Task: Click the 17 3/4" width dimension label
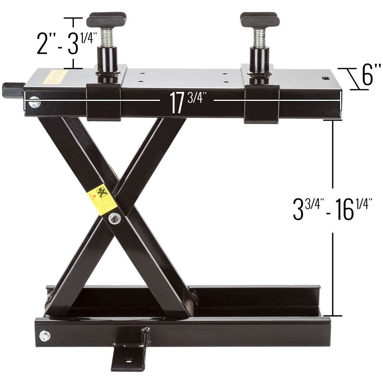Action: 185,102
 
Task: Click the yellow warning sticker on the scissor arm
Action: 101,200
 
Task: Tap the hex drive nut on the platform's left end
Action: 13,90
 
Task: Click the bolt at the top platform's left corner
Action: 34,103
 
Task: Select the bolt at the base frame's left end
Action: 45,336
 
